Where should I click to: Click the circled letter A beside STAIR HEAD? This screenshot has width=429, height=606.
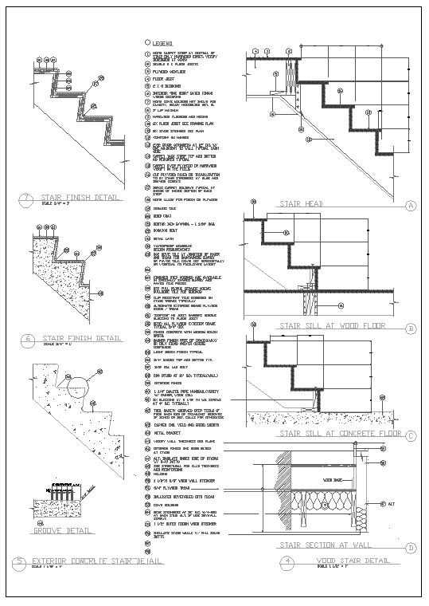point(411,206)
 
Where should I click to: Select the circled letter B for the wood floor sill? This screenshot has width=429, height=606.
point(411,328)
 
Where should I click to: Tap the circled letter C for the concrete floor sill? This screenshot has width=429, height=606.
point(411,435)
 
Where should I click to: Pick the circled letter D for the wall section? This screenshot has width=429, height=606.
point(411,548)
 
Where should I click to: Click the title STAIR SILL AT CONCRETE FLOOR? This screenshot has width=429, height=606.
point(339,434)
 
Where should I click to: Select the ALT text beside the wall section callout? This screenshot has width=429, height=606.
point(391,504)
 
